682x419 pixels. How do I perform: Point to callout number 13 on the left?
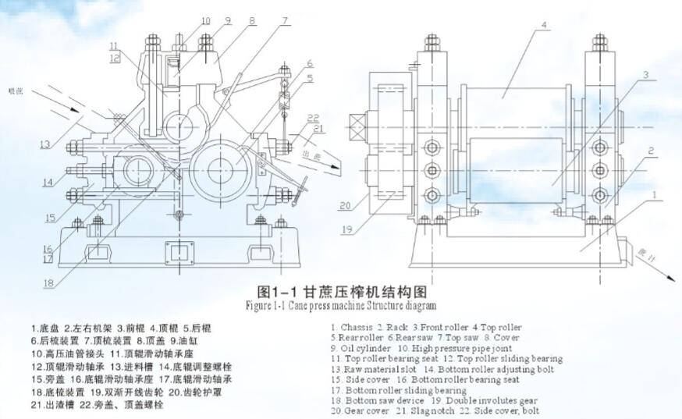pos(46,144)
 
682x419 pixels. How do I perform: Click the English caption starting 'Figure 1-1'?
pos(341,306)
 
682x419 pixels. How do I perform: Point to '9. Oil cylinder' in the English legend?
pos(360,347)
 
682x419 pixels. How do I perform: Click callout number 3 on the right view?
pos(646,76)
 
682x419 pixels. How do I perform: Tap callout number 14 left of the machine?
pos(47,183)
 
